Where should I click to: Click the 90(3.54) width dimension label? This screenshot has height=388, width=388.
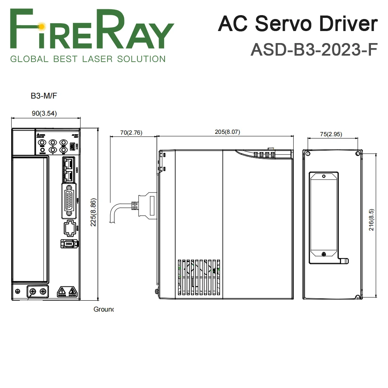44,113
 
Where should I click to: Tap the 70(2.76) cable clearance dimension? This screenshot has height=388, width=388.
131,132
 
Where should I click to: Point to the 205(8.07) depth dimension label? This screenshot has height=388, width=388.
227,132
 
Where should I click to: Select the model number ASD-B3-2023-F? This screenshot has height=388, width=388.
314,49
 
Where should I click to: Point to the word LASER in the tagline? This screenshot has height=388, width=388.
110,59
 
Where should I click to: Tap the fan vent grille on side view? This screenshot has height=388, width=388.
198,276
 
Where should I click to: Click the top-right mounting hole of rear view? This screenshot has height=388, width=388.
357,154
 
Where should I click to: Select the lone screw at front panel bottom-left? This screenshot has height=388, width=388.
17,291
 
